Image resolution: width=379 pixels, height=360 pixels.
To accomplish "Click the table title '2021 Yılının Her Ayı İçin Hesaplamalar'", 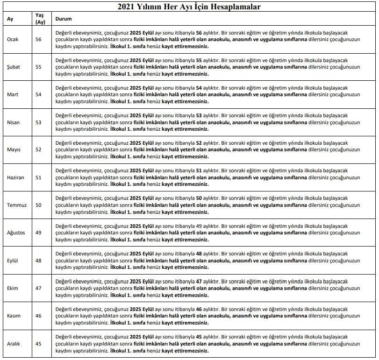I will click(189, 7).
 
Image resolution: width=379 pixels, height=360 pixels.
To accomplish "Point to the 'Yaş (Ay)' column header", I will click(40, 19).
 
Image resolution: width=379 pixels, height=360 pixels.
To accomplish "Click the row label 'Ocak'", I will click(13, 40).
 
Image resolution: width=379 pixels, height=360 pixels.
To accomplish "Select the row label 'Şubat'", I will click(14, 67).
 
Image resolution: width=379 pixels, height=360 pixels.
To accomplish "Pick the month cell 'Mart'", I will click(13, 95).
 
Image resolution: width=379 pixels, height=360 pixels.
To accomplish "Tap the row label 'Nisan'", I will click(13, 122).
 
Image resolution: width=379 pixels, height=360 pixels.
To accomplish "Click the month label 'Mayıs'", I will click(14, 150).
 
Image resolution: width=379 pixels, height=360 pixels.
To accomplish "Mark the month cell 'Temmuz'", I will click(16, 205).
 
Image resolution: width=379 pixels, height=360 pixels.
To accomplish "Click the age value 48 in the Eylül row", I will click(38, 261).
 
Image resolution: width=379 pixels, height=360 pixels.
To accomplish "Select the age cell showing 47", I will click(38, 288).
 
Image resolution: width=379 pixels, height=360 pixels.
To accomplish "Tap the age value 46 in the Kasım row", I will click(38, 316).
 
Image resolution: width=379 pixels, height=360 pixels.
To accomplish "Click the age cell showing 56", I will click(38, 40).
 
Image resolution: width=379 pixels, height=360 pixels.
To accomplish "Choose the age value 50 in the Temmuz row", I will click(38, 205).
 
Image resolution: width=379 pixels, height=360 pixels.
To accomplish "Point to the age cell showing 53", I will click(38, 122).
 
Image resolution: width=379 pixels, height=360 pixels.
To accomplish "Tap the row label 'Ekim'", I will click(13, 288).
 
